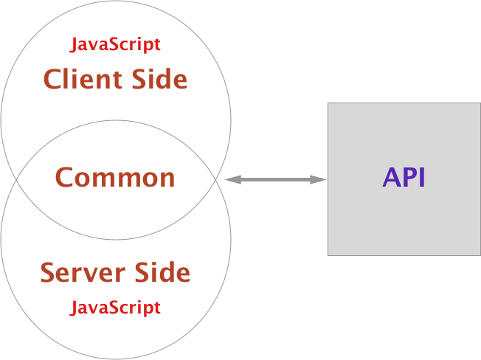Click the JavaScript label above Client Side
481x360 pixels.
click(115, 44)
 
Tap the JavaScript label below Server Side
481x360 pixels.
click(115, 307)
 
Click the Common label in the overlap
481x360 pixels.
click(115, 178)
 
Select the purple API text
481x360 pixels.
click(404, 178)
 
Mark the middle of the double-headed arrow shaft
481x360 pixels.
click(274, 179)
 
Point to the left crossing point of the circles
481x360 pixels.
click(15, 179)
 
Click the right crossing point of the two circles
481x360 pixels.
click(216, 179)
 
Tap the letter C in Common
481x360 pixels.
click(64, 178)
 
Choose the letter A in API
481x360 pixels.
click(391, 178)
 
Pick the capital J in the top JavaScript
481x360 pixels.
click(74, 45)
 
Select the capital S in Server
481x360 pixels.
click(47, 273)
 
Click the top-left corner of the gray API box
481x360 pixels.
click(328, 103)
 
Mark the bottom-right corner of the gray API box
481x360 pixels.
click(480, 255)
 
